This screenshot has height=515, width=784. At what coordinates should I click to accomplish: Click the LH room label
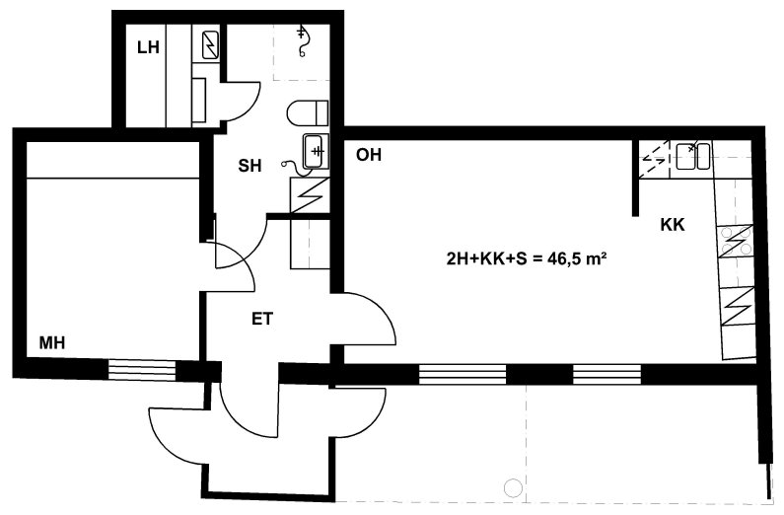[x=149, y=47]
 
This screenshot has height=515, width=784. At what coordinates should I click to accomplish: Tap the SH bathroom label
[x=249, y=166]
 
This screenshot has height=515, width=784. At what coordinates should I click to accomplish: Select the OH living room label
[x=369, y=155]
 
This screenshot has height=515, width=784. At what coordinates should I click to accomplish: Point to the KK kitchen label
[x=673, y=225]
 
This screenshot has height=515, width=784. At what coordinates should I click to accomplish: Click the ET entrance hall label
[x=262, y=319]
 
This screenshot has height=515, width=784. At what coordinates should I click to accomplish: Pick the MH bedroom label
[x=52, y=343]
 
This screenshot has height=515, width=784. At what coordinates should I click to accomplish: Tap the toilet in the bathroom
[x=308, y=112]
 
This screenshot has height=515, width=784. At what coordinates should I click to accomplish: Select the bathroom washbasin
[x=316, y=151]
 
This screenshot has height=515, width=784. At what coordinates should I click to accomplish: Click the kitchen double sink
[x=692, y=156]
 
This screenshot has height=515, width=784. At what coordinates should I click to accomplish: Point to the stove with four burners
[x=735, y=242]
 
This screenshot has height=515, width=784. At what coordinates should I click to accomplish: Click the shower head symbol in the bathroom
[x=302, y=41]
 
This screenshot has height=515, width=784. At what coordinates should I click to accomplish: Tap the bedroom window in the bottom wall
[x=142, y=371]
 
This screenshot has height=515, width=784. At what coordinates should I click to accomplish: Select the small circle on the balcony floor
[x=513, y=486]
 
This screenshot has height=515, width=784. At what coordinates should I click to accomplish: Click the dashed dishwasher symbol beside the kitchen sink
[x=654, y=159]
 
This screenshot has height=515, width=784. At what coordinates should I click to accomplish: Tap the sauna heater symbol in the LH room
[x=209, y=45]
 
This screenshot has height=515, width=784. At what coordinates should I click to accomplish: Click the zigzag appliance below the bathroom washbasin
[x=310, y=195]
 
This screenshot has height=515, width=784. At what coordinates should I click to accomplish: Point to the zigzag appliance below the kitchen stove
[x=738, y=306]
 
